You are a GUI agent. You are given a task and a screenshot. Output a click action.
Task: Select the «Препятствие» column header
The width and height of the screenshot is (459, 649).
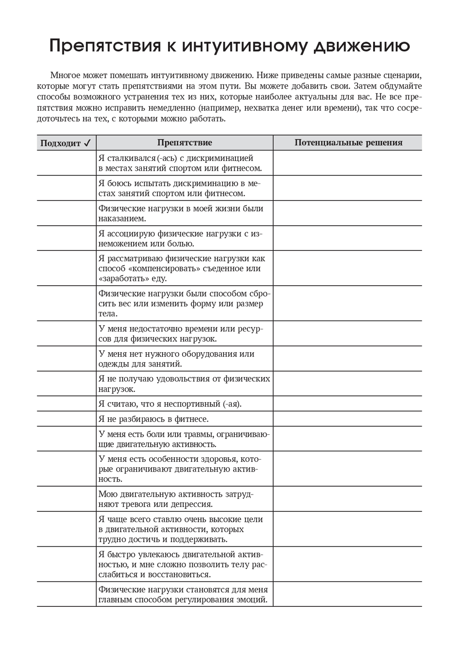[185, 143]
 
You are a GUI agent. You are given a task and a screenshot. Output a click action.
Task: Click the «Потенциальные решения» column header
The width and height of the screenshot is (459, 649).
[348, 143]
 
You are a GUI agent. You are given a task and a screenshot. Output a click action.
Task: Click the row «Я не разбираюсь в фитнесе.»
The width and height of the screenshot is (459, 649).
[153, 419]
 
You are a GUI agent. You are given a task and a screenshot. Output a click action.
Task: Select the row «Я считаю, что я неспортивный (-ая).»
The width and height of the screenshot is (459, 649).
[170, 404]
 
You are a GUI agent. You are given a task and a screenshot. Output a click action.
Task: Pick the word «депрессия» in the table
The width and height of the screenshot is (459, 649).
[192, 505]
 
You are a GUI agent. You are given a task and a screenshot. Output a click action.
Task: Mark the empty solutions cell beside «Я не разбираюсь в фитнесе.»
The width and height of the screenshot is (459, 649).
[347, 419]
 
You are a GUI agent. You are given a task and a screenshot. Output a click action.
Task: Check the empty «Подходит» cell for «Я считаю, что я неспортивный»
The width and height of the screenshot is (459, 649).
[67, 404]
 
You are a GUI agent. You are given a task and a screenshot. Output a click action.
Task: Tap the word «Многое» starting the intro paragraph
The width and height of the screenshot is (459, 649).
[65, 75]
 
